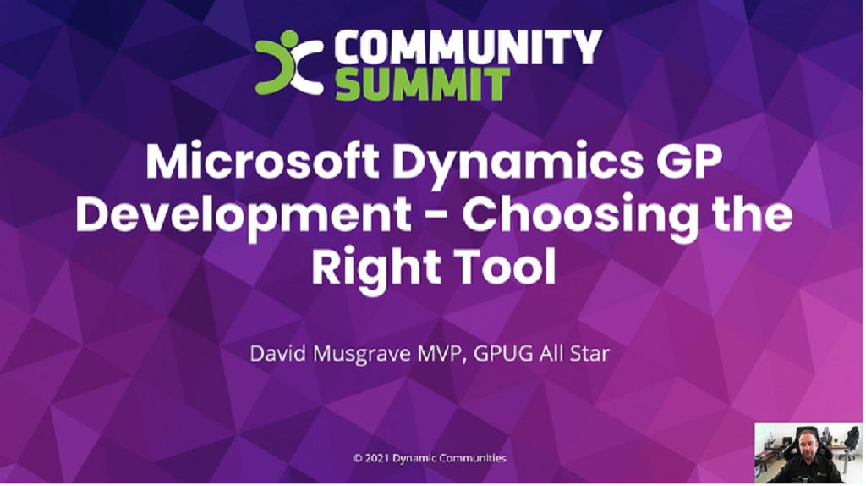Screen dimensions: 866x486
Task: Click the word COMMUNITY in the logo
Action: [x=468, y=47]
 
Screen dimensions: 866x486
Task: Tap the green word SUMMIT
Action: [x=422, y=85]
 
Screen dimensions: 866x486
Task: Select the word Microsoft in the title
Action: [x=262, y=161]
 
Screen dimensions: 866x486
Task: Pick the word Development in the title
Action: [x=243, y=215]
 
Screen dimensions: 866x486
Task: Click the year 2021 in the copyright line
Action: [x=377, y=458]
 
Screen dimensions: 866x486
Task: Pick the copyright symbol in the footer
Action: [x=358, y=458]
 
